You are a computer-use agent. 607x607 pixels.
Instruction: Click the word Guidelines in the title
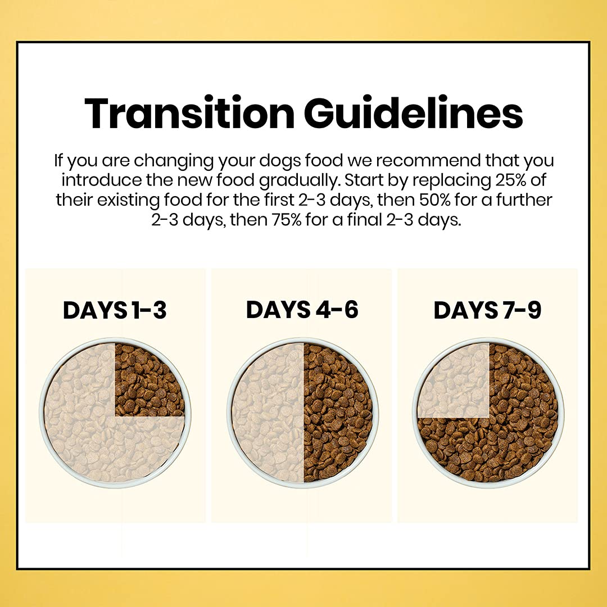point(414,112)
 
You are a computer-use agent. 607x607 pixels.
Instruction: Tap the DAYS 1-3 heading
point(115,310)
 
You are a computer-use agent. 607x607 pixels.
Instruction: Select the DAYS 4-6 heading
point(302,310)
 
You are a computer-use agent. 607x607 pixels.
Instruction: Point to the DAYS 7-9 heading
point(487,310)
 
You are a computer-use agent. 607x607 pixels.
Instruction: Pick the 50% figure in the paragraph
point(431,200)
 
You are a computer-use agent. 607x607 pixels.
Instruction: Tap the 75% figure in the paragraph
point(286,220)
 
